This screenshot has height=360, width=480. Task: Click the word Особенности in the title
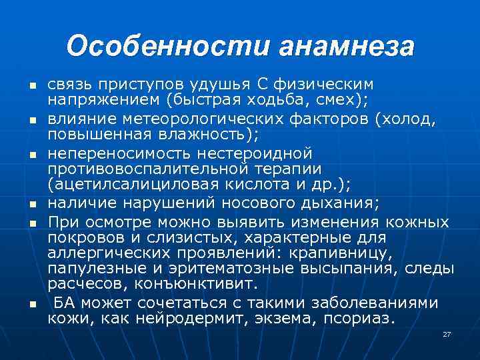(167, 46)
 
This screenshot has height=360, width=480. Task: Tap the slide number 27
(447, 334)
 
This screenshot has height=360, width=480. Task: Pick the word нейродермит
(186, 319)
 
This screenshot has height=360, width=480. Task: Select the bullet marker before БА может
(31, 305)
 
